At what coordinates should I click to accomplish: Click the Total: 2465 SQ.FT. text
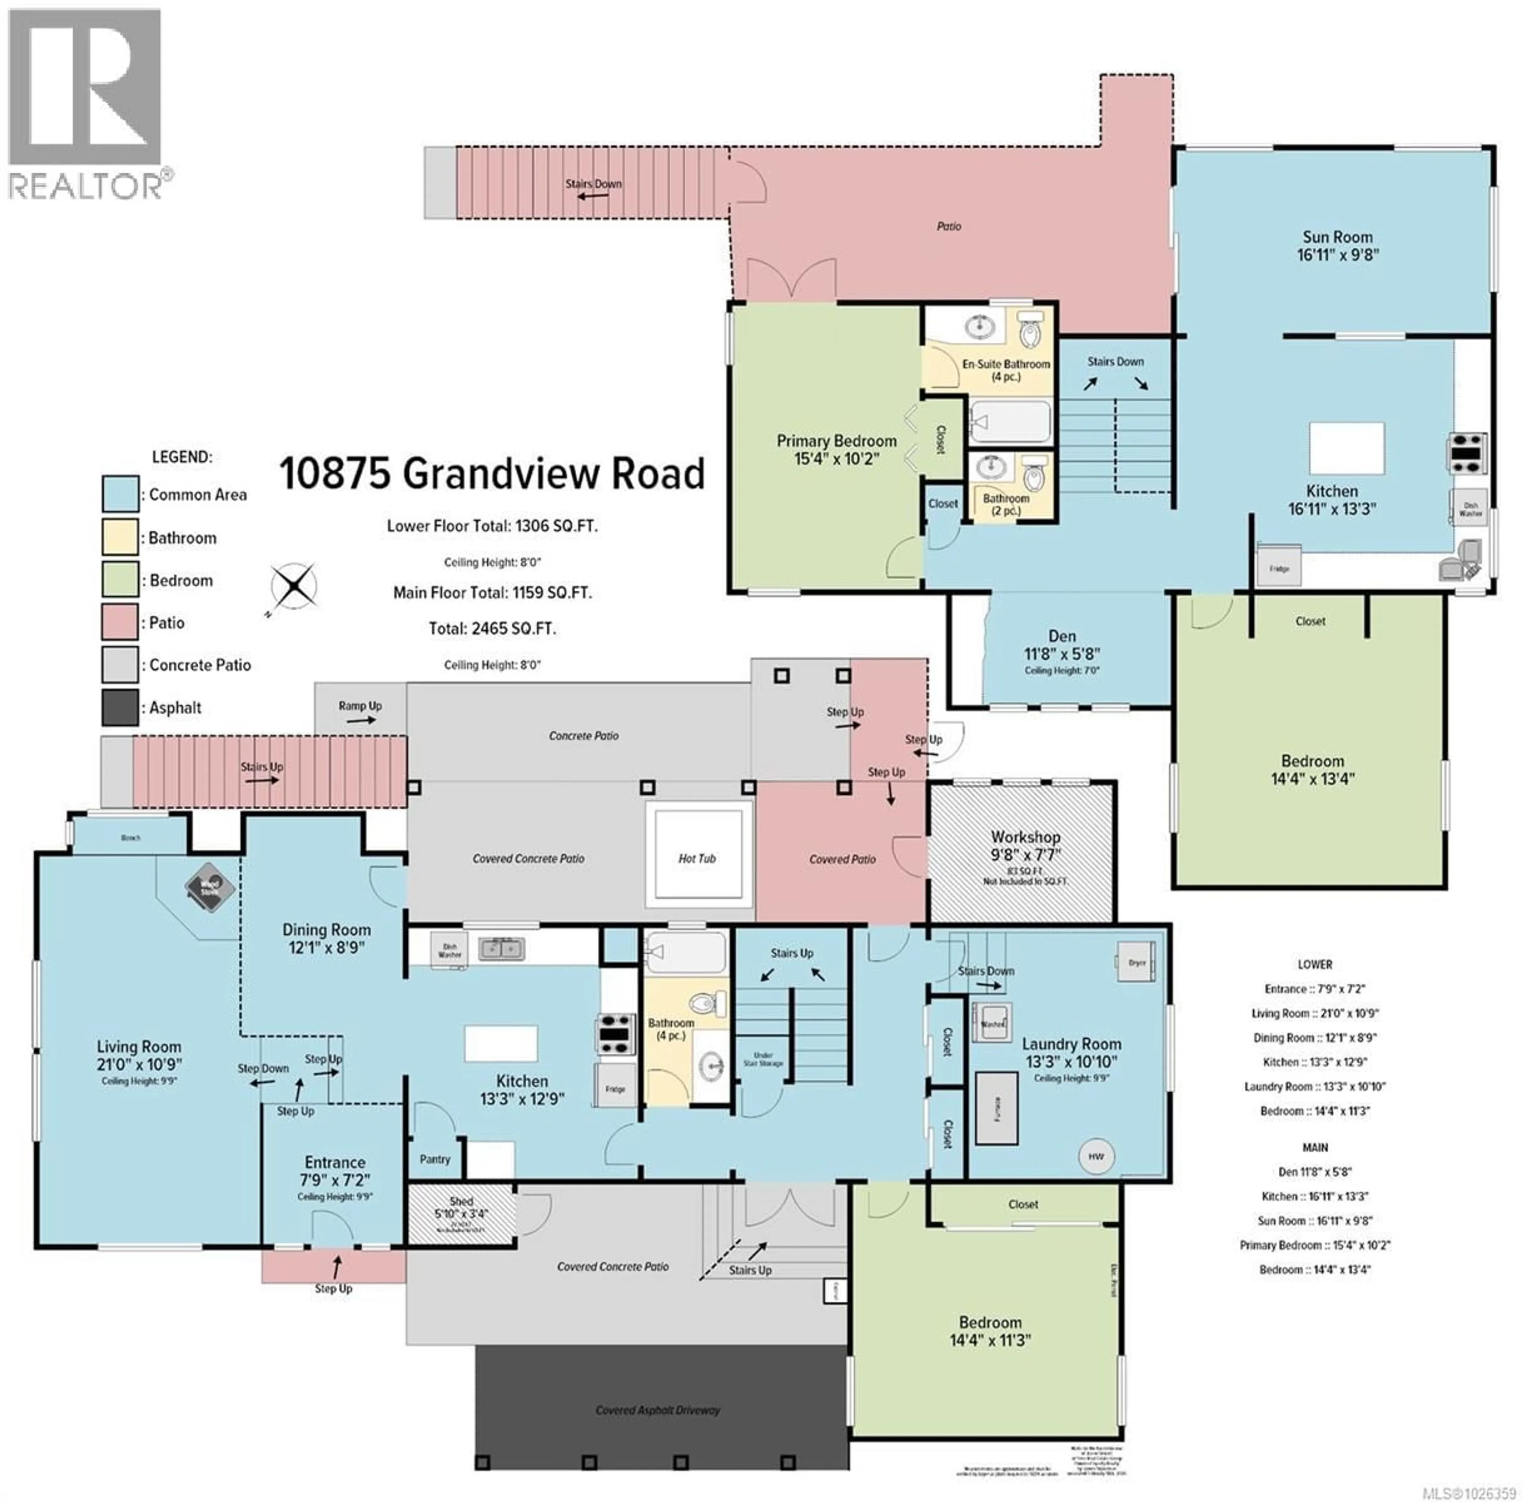pos(492,628)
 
